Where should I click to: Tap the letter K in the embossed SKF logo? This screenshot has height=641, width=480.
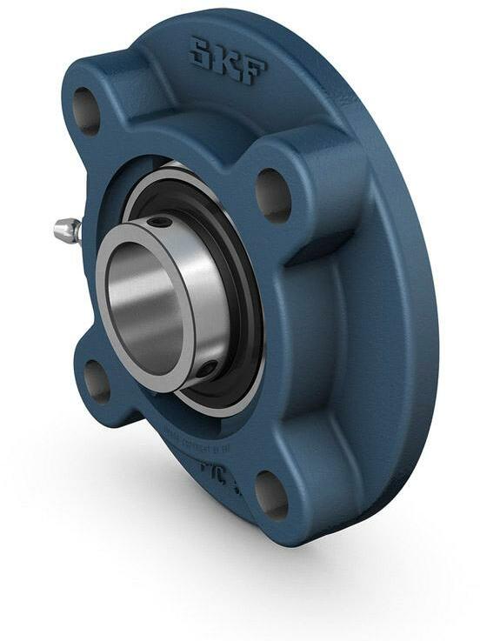pos(225,62)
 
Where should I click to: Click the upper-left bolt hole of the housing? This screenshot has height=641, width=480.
pos(85,110)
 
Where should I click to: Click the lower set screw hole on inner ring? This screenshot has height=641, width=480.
pos(205,370)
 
